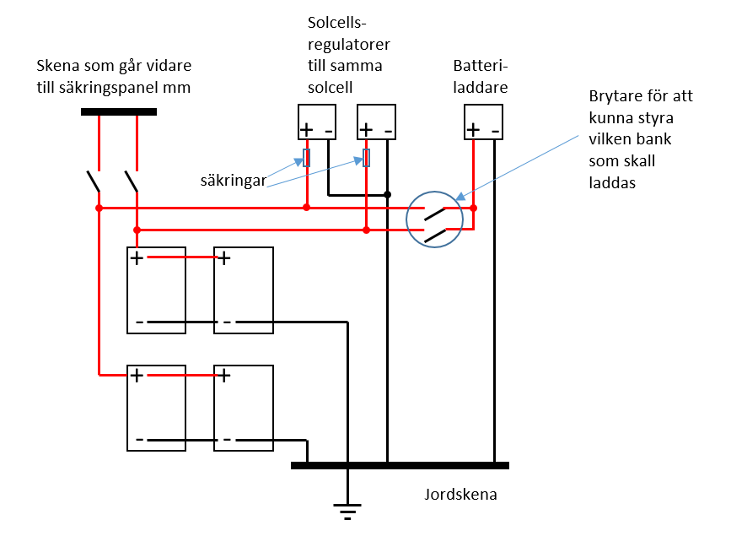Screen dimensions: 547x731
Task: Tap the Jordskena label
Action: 460,495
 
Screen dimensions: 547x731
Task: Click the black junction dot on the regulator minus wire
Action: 387,195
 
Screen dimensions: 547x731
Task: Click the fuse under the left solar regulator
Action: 307,157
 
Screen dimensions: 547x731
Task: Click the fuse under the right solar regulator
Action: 366,157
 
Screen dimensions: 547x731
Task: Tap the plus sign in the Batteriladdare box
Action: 474,129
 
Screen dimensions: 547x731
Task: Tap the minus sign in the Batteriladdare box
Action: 495,130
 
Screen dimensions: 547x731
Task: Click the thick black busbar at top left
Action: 118,111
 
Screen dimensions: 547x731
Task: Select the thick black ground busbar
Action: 400,465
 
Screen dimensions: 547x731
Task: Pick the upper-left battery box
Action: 156,290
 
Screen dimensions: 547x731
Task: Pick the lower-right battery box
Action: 244,408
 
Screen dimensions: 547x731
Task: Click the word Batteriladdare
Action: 480,75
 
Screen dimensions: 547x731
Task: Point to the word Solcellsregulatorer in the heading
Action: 341,44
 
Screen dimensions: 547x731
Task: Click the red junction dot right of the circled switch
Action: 474,208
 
